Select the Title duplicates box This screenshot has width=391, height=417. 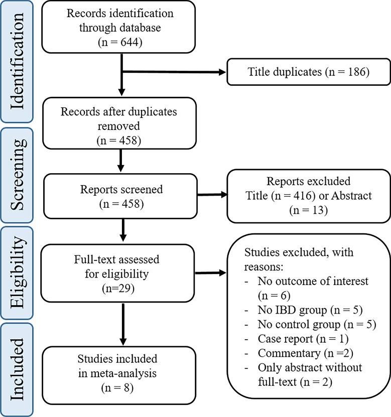(308, 72)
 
